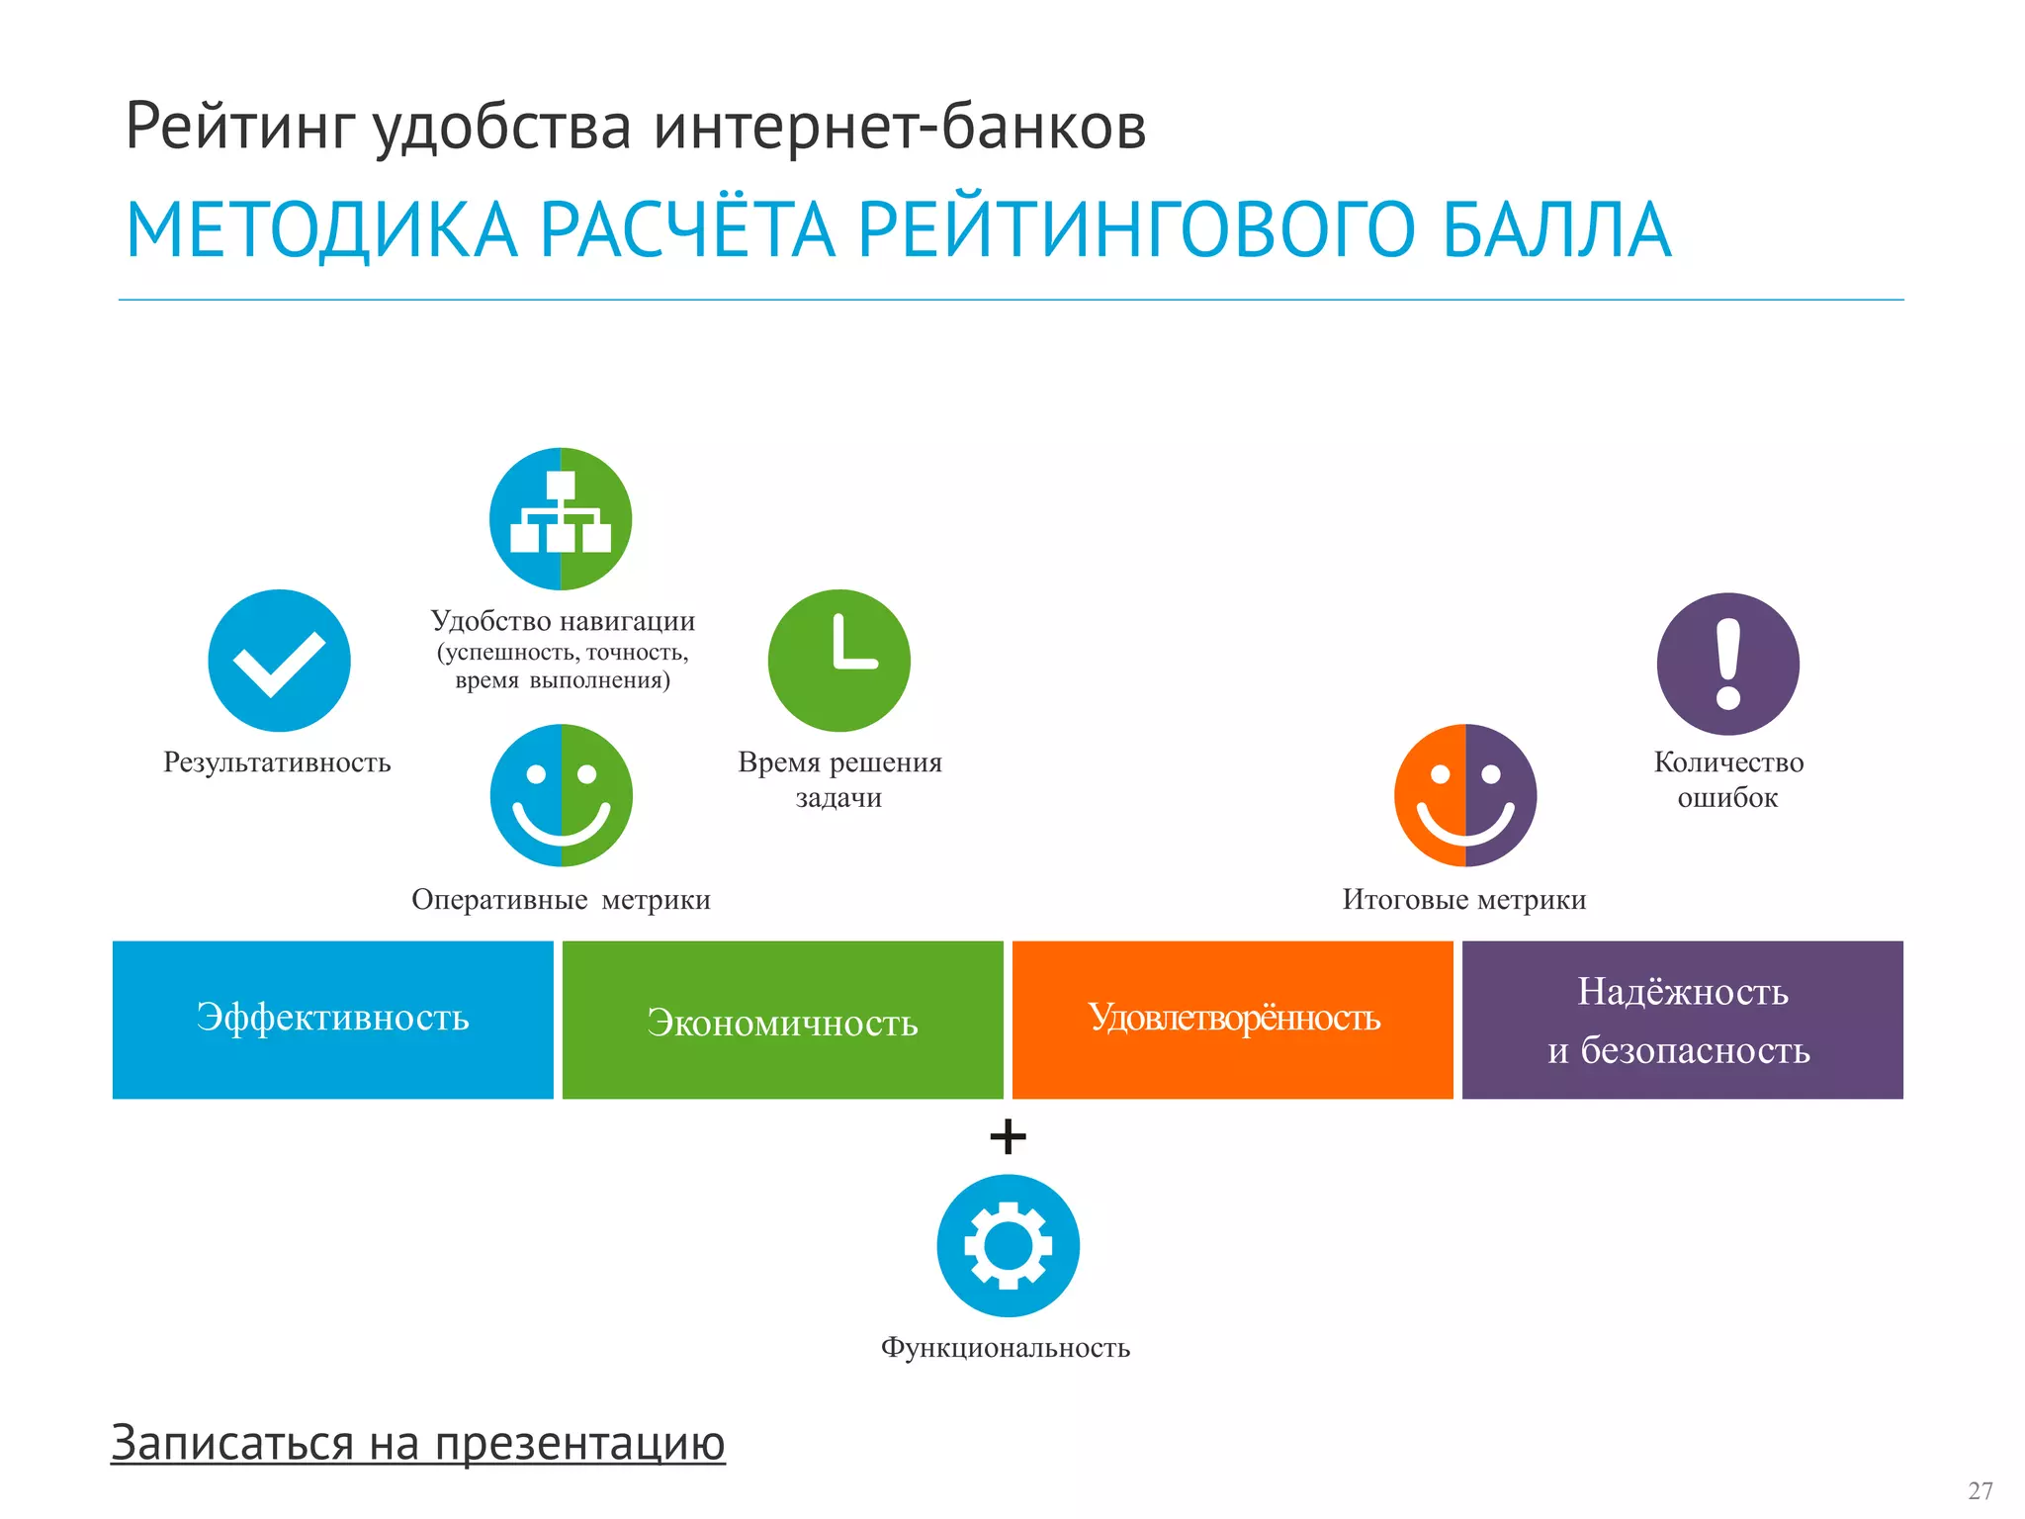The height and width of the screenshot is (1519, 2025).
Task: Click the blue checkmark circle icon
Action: click(x=279, y=661)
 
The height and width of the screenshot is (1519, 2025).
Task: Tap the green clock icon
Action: click(x=838, y=661)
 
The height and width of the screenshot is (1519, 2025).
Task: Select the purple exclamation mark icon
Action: click(x=1727, y=664)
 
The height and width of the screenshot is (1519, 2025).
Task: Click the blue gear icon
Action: click(x=1008, y=1245)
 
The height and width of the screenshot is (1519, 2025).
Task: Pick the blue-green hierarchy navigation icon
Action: click(x=561, y=519)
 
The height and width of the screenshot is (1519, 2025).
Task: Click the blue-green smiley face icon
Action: click(x=561, y=795)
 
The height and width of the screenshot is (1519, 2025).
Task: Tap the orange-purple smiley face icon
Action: click(x=1464, y=795)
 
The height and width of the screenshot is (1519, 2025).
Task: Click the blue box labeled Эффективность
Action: click(x=333, y=1020)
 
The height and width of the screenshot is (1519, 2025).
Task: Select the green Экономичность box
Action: click(x=782, y=1020)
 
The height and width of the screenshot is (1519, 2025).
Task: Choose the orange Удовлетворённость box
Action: click(x=1232, y=1020)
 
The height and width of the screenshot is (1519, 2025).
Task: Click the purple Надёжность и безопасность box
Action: click(x=1682, y=1020)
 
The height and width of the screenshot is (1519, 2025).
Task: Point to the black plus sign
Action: click(x=1008, y=1136)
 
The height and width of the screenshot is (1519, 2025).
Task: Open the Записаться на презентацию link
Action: click(x=417, y=1443)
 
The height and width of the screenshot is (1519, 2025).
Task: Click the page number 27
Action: click(x=1980, y=1490)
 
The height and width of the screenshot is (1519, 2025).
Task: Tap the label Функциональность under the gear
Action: click(x=1006, y=1348)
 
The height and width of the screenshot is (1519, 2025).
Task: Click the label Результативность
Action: click(x=277, y=762)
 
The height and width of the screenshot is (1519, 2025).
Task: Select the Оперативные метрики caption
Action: click(x=561, y=900)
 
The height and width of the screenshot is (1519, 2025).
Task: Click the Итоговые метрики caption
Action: click(x=1463, y=900)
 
